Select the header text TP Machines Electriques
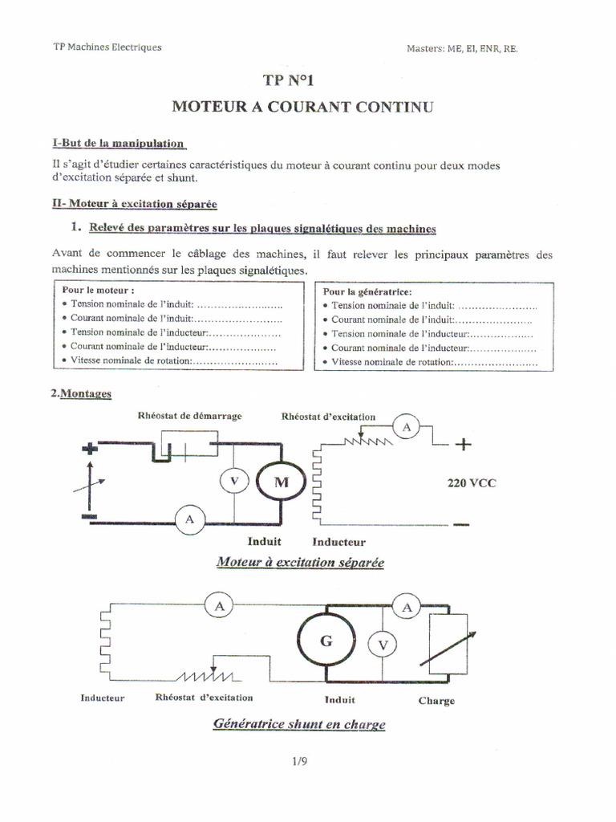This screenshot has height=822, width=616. [107, 47]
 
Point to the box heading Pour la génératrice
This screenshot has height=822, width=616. [368, 292]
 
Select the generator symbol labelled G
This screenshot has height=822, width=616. [325, 641]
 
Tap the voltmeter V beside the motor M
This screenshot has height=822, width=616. [233, 481]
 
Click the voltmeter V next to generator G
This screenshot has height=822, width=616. [383, 644]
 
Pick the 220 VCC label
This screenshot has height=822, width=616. [471, 483]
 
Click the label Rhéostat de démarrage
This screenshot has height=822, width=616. [189, 416]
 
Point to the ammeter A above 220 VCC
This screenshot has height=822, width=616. [407, 429]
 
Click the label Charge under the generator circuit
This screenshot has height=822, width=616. [436, 700]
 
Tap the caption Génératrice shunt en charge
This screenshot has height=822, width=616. [299, 724]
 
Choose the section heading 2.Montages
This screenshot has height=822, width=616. [81, 394]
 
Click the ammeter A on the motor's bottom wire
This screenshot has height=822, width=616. [190, 520]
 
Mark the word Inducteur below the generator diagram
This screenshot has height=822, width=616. [103, 698]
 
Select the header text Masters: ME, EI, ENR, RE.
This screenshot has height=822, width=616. [463, 48]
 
